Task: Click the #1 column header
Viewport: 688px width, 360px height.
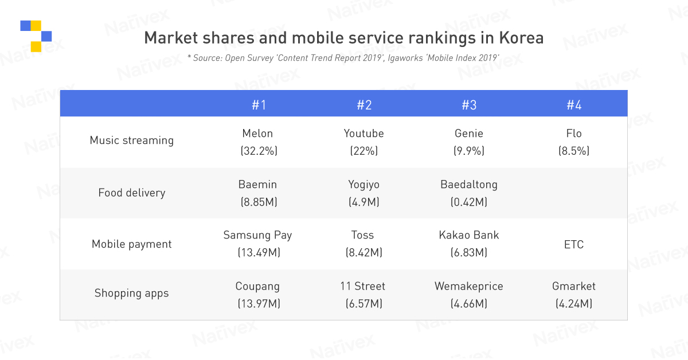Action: (259, 105)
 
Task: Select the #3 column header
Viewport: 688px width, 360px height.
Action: (469, 105)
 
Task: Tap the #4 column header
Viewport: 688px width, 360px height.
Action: (574, 105)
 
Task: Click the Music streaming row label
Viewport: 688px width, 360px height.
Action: (131, 140)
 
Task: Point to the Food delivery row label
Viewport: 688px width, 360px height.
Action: (131, 193)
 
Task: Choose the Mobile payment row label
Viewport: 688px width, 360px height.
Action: (131, 244)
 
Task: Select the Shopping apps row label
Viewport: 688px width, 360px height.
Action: (131, 293)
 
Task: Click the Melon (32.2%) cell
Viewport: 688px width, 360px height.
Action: (259, 142)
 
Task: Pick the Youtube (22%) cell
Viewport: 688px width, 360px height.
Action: (363, 142)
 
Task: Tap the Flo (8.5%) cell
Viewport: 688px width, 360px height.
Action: (574, 142)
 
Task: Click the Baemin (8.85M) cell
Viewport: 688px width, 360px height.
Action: (259, 193)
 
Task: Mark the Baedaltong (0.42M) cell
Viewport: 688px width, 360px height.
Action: (469, 193)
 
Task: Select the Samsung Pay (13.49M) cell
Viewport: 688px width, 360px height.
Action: (258, 244)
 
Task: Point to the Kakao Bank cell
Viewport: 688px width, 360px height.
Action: (469, 244)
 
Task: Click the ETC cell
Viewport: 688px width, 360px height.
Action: (574, 245)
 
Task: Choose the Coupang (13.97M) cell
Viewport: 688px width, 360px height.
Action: (258, 295)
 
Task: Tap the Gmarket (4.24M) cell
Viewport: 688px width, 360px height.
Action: (574, 295)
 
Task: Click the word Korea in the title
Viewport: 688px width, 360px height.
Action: (521, 38)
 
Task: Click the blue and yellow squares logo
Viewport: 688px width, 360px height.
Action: (36, 36)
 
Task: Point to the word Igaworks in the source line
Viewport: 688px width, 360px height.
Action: (405, 58)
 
